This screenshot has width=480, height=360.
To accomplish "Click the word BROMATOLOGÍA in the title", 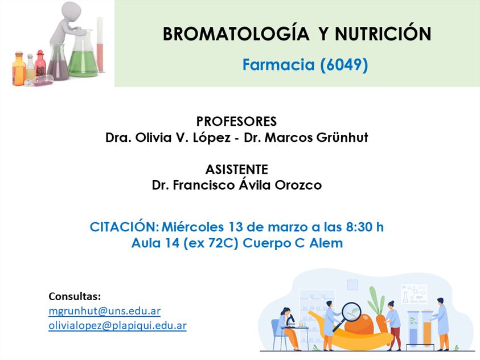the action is tap(236, 33).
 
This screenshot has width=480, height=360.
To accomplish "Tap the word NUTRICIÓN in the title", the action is tap(383, 33).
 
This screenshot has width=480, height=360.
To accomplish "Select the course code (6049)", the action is tap(344, 65).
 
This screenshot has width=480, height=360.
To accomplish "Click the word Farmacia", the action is tap(278, 64).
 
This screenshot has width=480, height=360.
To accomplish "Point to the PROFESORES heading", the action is tap(236, 121).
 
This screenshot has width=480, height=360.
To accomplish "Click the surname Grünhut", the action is tap(342, 137).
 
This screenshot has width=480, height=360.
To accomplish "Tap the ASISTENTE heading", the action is tap(237, 169).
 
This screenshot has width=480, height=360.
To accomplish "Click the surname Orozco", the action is tap(298, 185).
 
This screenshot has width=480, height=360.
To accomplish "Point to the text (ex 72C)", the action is tap(211, 243).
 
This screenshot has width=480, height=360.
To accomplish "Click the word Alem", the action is tap(326, 243).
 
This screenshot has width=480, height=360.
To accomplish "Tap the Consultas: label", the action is tap(75, 296).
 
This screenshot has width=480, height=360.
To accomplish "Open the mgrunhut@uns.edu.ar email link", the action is tap(105, 311).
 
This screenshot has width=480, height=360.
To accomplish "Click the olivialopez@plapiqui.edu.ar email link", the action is tap(117, 325).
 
